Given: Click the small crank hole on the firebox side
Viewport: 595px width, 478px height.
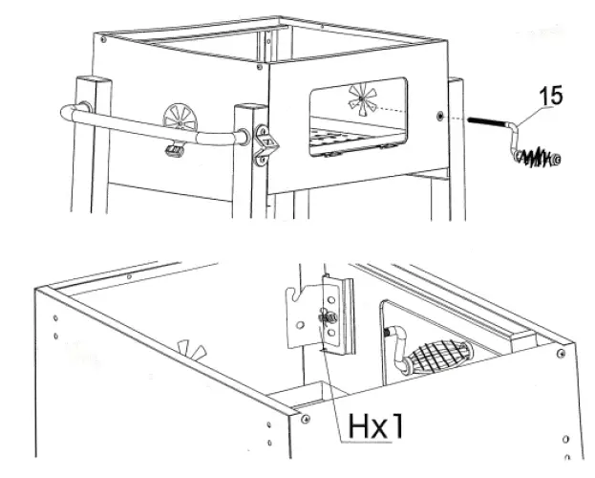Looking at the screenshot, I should point(439,117).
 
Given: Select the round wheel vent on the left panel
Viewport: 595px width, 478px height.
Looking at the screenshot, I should point(179,119).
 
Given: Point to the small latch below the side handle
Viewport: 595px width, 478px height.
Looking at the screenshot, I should point(174,149).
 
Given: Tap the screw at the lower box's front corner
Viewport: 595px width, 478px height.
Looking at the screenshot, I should point(305,419).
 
